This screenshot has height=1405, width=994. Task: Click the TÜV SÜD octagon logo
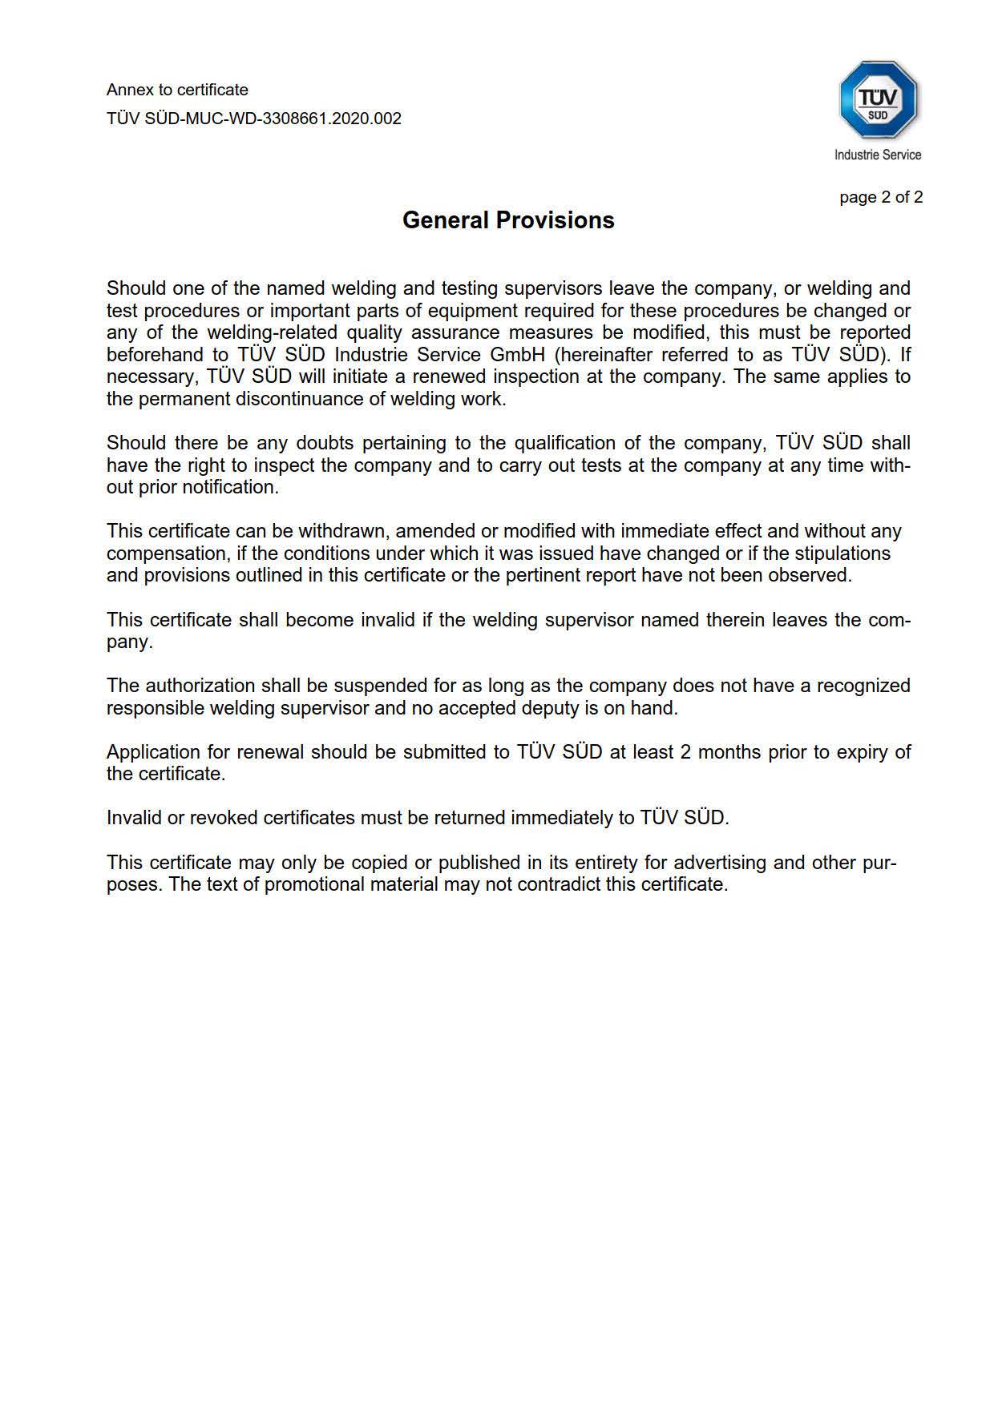(x=878, y=100)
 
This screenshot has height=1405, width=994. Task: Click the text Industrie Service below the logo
(x=878, y=155)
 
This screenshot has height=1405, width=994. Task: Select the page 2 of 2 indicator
(x=881, y=197)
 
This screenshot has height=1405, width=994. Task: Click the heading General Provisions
(x=508, y=220)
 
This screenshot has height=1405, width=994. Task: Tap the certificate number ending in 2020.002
(x=253, y=119)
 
